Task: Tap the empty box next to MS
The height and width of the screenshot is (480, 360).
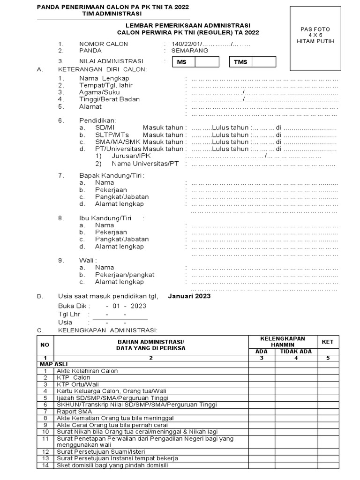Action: tap(207, 62)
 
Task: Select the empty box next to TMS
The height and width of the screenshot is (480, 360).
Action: tap(264, 62)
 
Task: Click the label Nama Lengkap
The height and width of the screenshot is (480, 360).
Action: tap(104, 78)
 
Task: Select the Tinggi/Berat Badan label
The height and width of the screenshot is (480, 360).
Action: tap(109, 99)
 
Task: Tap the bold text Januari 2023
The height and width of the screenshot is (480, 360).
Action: tap(189, 296)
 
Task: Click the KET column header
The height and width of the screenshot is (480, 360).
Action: tap(328, 342)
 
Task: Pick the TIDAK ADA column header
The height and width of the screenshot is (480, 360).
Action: tap(296, 352)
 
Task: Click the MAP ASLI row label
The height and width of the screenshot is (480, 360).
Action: tap(49, 364)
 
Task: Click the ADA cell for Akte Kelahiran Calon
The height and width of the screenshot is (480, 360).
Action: tap(262, 371)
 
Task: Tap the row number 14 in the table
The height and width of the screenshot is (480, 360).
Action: tap(45, 465)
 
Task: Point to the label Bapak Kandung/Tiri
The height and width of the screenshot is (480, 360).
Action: tap(112, 175)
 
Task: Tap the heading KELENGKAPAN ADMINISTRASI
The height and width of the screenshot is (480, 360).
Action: tap(108, 330)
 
